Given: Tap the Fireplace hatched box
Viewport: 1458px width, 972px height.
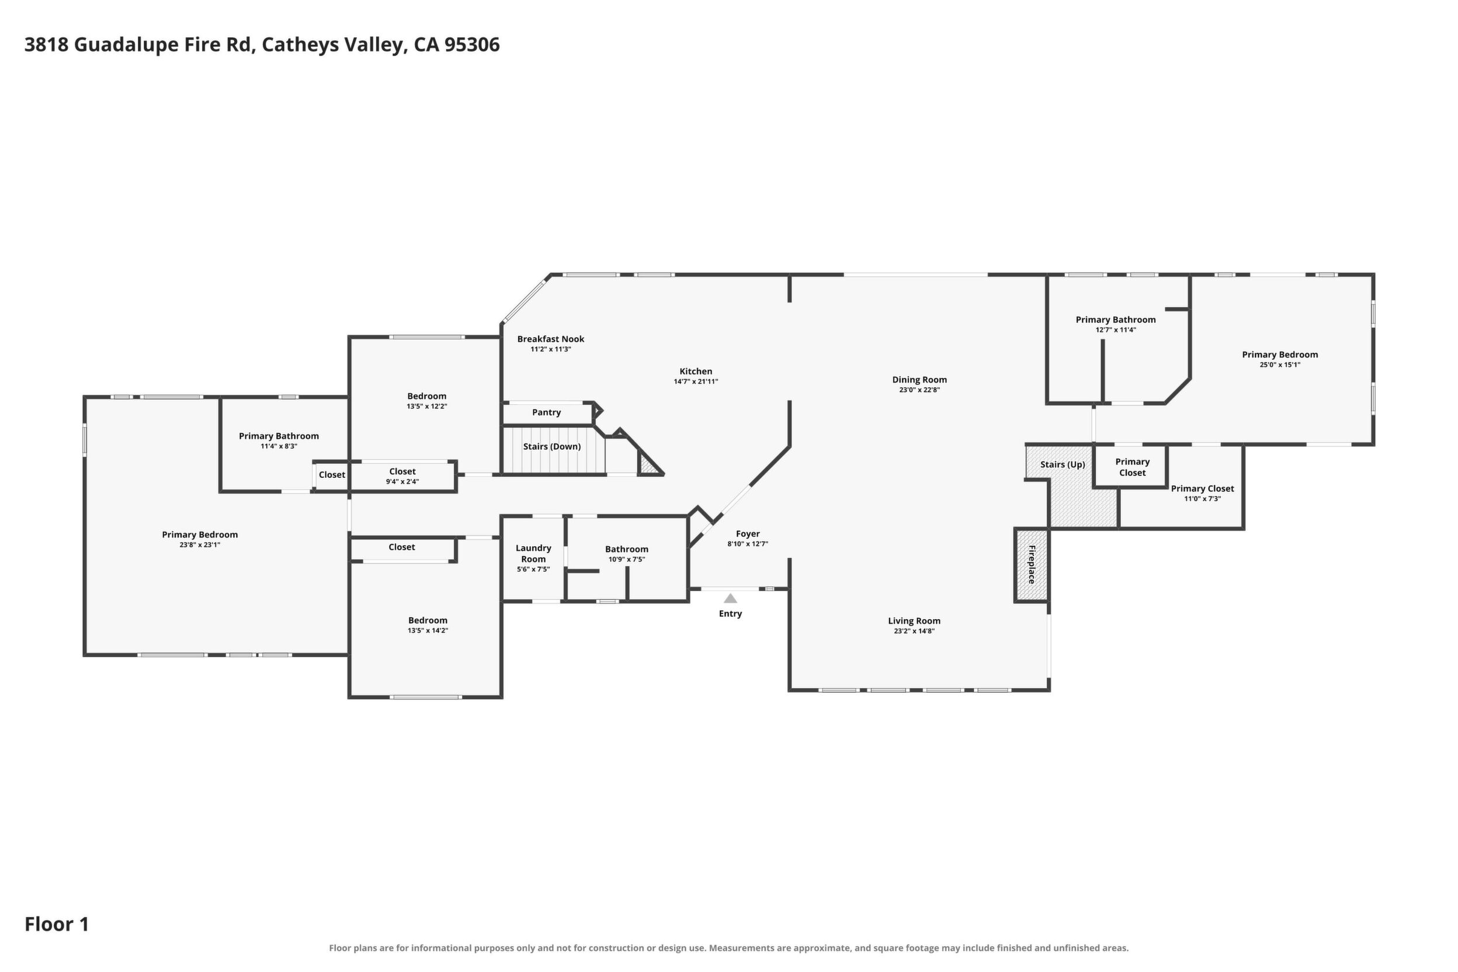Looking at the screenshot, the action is coord(1032,565).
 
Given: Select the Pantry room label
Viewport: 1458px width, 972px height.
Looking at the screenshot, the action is coord(546,412).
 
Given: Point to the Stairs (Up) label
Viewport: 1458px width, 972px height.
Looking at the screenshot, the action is coord(1063,464).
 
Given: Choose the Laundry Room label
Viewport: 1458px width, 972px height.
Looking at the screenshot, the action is coord(533,554).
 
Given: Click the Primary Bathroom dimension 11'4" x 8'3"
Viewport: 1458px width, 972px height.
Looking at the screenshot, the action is coord(279,446).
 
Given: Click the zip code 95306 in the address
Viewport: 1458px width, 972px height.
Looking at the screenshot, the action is coord(472,44).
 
